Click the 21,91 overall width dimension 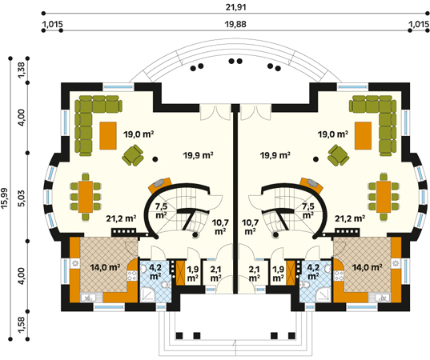point(235,7)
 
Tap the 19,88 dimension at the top point(235,24)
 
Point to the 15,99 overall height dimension point(5,198)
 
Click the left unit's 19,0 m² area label point(139,134)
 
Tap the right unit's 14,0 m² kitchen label point(367,267)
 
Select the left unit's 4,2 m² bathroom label point(155,271)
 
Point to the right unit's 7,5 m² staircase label point(308,210)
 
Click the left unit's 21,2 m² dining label point(121,218)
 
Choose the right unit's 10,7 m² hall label point(250,227)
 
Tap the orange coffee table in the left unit point(108,136)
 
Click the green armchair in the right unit point(339,156)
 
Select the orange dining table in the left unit point(86,197)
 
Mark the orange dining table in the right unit point(384,197)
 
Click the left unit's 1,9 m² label point(193,274)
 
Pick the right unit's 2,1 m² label point(254,274)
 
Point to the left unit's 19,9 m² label point(199,156)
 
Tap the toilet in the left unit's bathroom point(166,286)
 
